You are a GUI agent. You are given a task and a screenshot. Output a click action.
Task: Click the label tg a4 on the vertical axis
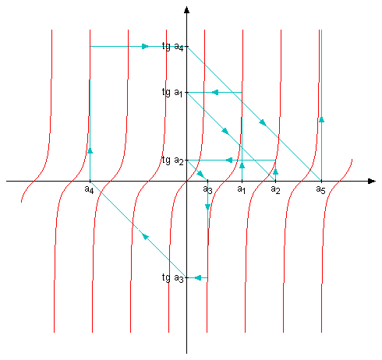(x=172, y=47)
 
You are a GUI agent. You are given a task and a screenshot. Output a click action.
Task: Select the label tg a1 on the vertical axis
(x=172, y=93)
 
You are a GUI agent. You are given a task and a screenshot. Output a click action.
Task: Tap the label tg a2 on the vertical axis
(x=172, y=161)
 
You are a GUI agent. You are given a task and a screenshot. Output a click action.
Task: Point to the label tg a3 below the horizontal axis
(x=172, y=278)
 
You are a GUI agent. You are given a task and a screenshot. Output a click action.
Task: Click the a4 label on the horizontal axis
(x=89, y=189)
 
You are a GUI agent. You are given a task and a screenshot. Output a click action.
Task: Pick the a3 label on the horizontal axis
(x=207, y=189)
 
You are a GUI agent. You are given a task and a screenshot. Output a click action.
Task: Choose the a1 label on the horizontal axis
(x=242, y=189)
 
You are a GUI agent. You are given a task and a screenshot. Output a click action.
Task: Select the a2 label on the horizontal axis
(x=275, y=189)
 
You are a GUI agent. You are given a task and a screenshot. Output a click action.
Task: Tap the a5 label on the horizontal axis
(x=320, y=189)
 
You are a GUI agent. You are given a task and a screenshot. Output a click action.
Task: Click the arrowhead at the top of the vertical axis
(x=186, y=10)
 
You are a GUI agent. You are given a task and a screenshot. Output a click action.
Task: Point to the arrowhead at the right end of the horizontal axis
(x=372, y=181)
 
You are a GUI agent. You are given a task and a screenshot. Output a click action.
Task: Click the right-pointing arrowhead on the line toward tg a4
(x=145, y=47)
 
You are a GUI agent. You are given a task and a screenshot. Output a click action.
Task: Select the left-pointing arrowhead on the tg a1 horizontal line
(x=215, y=92)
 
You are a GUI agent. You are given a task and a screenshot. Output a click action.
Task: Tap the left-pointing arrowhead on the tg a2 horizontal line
(x=229, y=161)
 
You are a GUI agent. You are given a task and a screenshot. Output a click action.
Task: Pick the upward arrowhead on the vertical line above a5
(x=321, y=119)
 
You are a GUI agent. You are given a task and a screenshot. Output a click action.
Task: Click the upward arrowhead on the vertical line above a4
(x=90, y=150)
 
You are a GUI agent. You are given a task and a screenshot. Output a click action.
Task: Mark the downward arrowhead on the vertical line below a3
(x=207, y=207)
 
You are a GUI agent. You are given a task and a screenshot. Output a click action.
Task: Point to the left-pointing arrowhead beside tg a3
(x=198, y=278)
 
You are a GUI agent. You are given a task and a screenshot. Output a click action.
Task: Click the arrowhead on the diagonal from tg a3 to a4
(x=145, y=236)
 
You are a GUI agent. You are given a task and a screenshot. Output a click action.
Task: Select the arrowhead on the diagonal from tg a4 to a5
(x=263, y=122)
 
